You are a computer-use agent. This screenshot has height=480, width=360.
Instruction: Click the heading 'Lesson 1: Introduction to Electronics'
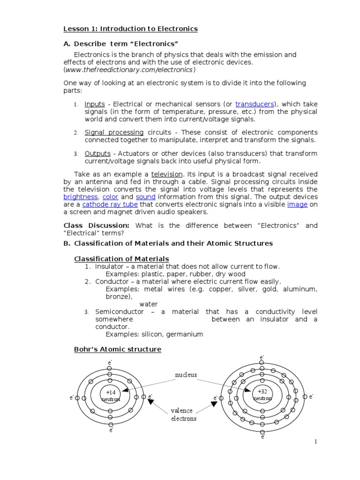click(130, 29)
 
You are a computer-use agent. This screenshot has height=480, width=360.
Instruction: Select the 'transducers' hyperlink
click(256, 104)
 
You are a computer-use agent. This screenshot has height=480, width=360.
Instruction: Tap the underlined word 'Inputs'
click(94, 104)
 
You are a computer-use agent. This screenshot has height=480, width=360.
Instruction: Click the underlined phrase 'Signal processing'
click(114, 133)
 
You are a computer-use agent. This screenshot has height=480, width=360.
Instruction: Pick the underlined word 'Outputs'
click(97, 154)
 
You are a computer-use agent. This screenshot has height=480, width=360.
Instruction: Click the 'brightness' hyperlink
click(81, 197)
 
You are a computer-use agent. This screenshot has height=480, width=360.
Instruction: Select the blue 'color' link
click(110, 197)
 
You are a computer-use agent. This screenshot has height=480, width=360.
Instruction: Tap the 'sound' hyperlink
click(146, 197)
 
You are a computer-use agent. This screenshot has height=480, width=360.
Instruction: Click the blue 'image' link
click(297, 204)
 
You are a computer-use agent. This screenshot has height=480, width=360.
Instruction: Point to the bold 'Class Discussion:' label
click(96, 225)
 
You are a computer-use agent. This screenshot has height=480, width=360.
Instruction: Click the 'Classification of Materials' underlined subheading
click(122, 259)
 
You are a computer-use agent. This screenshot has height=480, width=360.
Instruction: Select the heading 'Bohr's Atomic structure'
click(118, 349)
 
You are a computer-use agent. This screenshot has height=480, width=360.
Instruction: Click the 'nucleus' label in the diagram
click(186, 375)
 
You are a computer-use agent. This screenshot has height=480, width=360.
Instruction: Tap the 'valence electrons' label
click(184, 414)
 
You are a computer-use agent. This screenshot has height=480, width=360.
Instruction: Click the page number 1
click(316, 441)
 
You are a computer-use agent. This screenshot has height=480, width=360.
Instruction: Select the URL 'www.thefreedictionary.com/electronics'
click(129, 69)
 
